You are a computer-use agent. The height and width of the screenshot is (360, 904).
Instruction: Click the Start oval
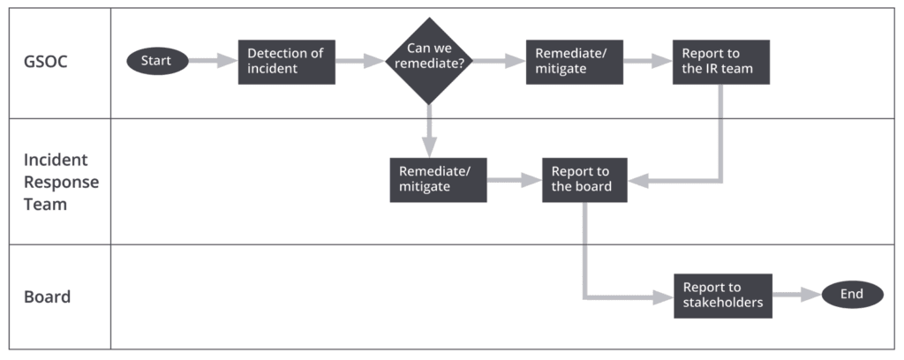(157, 61)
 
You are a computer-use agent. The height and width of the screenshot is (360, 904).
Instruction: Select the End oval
(852, 295)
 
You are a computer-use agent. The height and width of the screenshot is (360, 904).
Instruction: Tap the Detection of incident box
(287, 62)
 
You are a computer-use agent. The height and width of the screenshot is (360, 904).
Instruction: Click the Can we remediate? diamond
(429, 61)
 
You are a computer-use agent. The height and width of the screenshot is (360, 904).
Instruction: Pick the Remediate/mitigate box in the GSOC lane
(574, 62)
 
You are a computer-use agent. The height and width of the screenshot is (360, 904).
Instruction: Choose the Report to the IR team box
(720, 62)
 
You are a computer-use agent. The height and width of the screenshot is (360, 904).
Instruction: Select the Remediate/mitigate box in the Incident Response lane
(438, 180)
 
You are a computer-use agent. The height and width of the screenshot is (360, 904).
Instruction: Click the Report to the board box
(584, 180)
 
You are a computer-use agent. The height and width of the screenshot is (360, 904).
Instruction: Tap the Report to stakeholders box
(723, 296)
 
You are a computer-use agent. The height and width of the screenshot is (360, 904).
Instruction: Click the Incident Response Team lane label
(61, 182)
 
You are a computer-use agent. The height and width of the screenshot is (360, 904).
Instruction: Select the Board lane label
(48, 296)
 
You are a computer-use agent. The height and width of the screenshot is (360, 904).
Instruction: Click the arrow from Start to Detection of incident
(214, 61)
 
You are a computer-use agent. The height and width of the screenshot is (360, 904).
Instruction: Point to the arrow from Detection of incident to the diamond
(360, 61)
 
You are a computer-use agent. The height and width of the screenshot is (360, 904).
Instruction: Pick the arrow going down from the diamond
(429, 131)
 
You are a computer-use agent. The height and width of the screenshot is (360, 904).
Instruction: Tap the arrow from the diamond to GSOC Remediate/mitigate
(500, 61)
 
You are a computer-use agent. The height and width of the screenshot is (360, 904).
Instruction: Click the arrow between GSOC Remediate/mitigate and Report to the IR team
(647, 61)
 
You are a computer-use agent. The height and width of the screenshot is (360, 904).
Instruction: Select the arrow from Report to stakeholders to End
(797, 295)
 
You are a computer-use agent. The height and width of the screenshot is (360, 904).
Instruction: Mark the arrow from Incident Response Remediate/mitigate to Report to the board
(515, 180)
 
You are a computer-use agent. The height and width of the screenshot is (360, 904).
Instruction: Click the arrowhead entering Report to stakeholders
(664, 297)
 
